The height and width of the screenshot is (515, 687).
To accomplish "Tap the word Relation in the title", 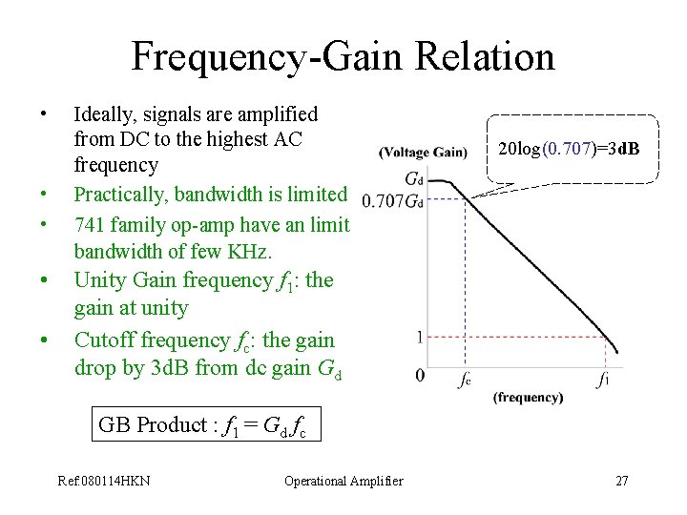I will click(x=478, y=57).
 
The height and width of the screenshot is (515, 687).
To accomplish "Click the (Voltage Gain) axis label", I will click(x=423, y=153).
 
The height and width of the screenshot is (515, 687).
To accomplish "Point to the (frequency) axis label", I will click(x=528, y=398).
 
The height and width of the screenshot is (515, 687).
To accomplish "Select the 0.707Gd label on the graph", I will click(x=392, y=200).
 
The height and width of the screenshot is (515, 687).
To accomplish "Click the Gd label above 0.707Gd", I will click(x=414, y=178).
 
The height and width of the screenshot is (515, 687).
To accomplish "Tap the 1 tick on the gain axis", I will click(x=421, y=338).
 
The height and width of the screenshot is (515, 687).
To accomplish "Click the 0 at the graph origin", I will click(x=421, y=375).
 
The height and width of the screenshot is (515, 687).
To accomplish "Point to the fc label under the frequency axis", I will click(x=464, y=380).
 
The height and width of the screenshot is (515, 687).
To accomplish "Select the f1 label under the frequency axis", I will click(x=602, y=380).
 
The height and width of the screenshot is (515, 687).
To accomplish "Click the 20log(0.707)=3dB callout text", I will click(x=569, y=150).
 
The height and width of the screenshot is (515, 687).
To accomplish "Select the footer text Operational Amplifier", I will click(x=343, y=481).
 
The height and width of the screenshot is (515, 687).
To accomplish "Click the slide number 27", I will click(x=622, y=481).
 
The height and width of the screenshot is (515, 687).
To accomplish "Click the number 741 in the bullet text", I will click(x=89, y=225).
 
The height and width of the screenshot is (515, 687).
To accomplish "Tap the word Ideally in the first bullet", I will click(x=106, y=115).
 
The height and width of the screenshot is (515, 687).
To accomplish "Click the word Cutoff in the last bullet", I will click(x=106, y=340).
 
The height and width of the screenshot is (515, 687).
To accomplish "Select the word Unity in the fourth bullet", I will click(x=100, y=280).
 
